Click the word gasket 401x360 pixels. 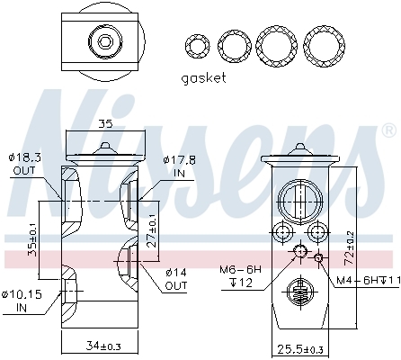pyautogui.click(x=203, y=78)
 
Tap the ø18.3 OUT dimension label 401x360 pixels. pyautogui.click(x=24, y=164)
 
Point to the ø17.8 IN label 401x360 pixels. pyautogui.click(x=180, y=166)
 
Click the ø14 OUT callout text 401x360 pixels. pyautogui.click(x=176, y=279)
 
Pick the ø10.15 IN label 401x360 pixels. pyautogui.click(x=22, y=301)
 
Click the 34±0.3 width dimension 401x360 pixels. pyautogui.click(x=103, y=346)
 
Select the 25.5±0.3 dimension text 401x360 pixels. pyautogui.click(x=300, y=349)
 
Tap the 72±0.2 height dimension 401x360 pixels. pyautogui.click(x=349, y=248)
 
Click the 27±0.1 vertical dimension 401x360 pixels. pyautogui.click(x=152, y=230)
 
